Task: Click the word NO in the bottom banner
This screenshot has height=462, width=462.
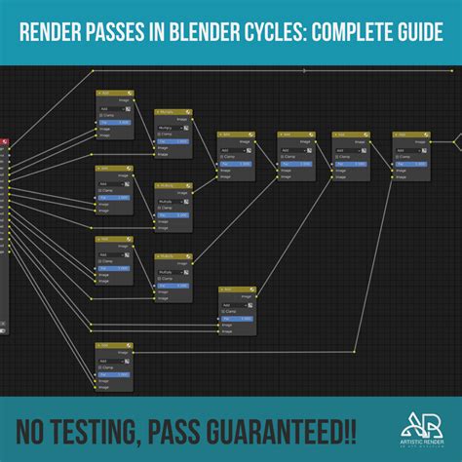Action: click(32, 430)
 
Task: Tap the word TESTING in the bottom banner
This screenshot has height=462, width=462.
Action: click(102, 430)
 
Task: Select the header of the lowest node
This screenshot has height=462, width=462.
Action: click(114, 346)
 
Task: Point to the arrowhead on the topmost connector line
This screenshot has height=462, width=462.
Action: click(304, 71)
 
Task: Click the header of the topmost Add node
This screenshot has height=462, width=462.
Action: click(114, 94)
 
